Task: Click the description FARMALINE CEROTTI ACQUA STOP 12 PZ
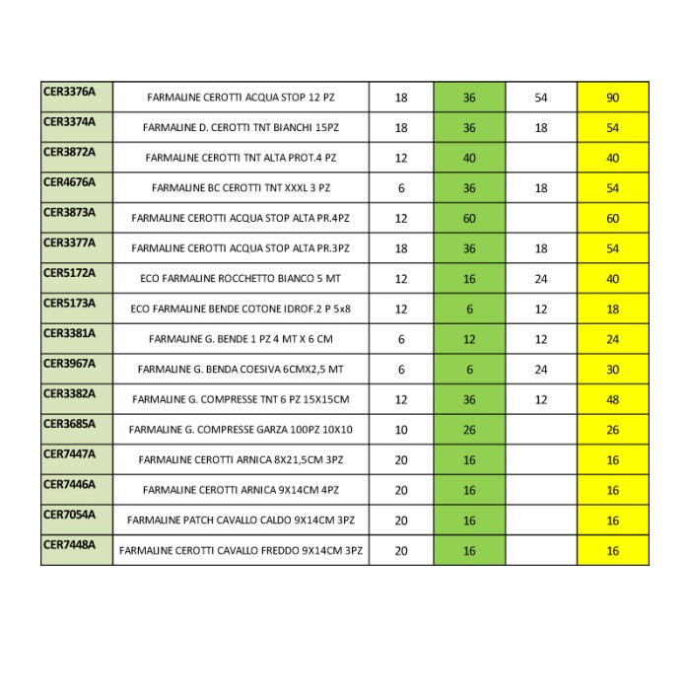click(x=241, y=98)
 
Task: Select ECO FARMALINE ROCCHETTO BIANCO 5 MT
click(x=241, y=279)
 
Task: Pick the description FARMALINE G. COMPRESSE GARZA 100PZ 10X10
click(x=241, y=430)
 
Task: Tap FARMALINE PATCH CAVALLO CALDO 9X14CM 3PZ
click(x=241, y=520)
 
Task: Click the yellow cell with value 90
click(x=612, y=98)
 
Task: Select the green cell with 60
click(x=469, y=219)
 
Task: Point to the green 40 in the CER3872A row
click(x=469, y=158)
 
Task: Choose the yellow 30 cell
click(x=612, y=370)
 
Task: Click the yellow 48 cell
click(x=612, y=400)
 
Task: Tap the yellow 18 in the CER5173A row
click(x=612, y=310)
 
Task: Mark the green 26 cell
click(x=469, y=430)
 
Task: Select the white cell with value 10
click(x=401, y=430)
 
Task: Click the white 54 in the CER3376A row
click(x=541, y=98)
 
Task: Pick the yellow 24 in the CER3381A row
click(x=612, y=339)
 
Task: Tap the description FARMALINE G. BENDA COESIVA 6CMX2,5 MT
click(x=241, y=370)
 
